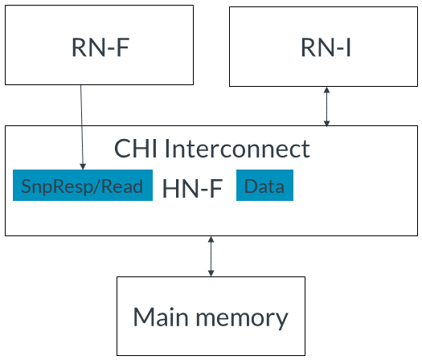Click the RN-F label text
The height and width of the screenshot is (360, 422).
[x=100, y=47]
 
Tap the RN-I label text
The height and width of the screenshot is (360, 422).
[x=326, y=47]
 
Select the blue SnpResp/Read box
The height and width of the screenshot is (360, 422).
[x=83, y=185]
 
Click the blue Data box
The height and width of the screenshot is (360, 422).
[x=264, y=185]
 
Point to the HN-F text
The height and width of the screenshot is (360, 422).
[x=192, y=188]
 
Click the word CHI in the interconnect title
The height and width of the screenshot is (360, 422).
[x=136, y=148]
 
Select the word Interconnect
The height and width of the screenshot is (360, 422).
[x=237, y=148]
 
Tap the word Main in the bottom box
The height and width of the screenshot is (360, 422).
[x=161, y=317]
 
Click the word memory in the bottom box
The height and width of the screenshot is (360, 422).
[x=242, y=319]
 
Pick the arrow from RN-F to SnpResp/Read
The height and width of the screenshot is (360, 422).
[x=82, y=127]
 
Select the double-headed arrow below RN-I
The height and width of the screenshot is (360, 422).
[x=326, y=106]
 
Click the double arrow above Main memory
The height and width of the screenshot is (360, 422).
[x=211, y=256]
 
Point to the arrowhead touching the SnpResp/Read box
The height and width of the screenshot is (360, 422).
[x=83, y=166]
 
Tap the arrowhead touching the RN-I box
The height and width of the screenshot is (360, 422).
[x=326, y=90]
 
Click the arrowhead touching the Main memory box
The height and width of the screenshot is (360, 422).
[x=211, y=273]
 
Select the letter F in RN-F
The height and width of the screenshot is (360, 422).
[x=123, y=47]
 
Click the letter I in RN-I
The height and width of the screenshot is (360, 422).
[x=349, y=47]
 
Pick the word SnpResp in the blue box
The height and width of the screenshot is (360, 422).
[x=56, y=187]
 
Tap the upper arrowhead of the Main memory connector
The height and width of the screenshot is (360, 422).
[x=211, y=239]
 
